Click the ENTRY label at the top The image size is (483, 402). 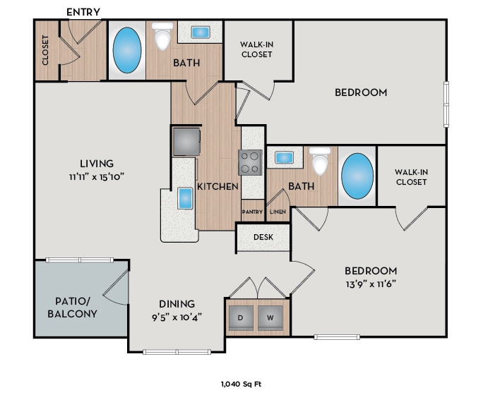click(83, 12)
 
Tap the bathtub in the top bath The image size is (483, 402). click(126, 50)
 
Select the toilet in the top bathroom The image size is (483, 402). click(163, 37)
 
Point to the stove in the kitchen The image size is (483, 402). click(251, 162)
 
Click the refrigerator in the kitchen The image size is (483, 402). click(186, 141)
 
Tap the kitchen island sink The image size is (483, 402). click(185, 198)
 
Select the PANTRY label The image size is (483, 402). click(252, 212)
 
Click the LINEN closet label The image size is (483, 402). click(278, 212)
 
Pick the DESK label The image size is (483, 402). click(263, 237)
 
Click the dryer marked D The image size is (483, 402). click(241, 317)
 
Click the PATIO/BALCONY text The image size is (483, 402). click(73, 306)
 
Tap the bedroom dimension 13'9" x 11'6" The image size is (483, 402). click(370, 285)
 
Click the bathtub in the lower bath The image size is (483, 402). click(357, 176)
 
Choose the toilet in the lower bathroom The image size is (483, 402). click(321, 162)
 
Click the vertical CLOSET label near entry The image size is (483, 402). click(46, 50)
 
